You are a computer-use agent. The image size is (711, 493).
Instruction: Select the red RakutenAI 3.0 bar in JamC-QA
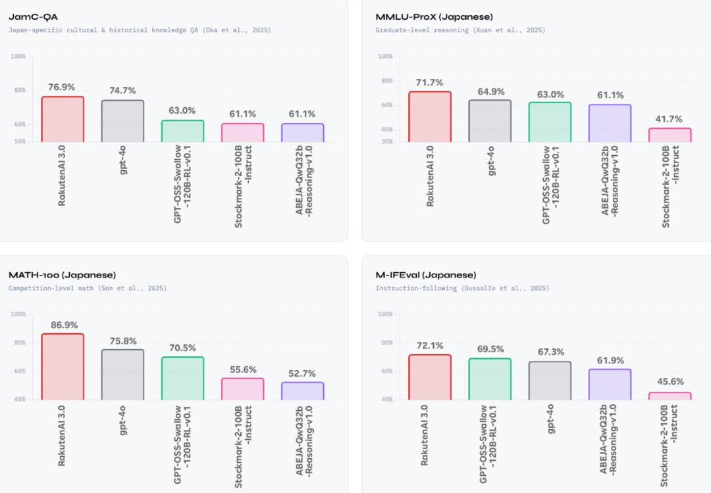[63, 120]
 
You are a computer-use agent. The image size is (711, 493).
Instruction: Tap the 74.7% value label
[122, 91]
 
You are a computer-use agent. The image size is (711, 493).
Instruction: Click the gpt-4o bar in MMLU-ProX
[490, 121]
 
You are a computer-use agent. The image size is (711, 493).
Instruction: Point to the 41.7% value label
[670, 119]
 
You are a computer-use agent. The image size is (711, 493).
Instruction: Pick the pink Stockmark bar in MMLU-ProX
[670, 135]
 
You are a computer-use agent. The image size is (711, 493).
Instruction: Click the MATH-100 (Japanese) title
[62, 275]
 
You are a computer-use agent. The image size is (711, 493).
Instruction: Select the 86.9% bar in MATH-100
[63, 367]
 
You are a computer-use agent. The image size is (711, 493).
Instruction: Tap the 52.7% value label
[302, 373]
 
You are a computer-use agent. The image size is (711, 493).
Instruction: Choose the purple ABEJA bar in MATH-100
[302, 391]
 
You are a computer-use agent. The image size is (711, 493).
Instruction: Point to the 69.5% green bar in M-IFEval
[490, 379]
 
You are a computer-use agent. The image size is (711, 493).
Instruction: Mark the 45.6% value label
[670, 381]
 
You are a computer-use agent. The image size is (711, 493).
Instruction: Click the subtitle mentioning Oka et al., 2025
[140, 30]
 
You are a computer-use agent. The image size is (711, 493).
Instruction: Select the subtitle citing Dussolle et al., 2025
[462, 288]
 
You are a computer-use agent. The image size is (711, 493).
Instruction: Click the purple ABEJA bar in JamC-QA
[302, 133]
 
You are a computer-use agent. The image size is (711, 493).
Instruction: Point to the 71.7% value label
[430, 82]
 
